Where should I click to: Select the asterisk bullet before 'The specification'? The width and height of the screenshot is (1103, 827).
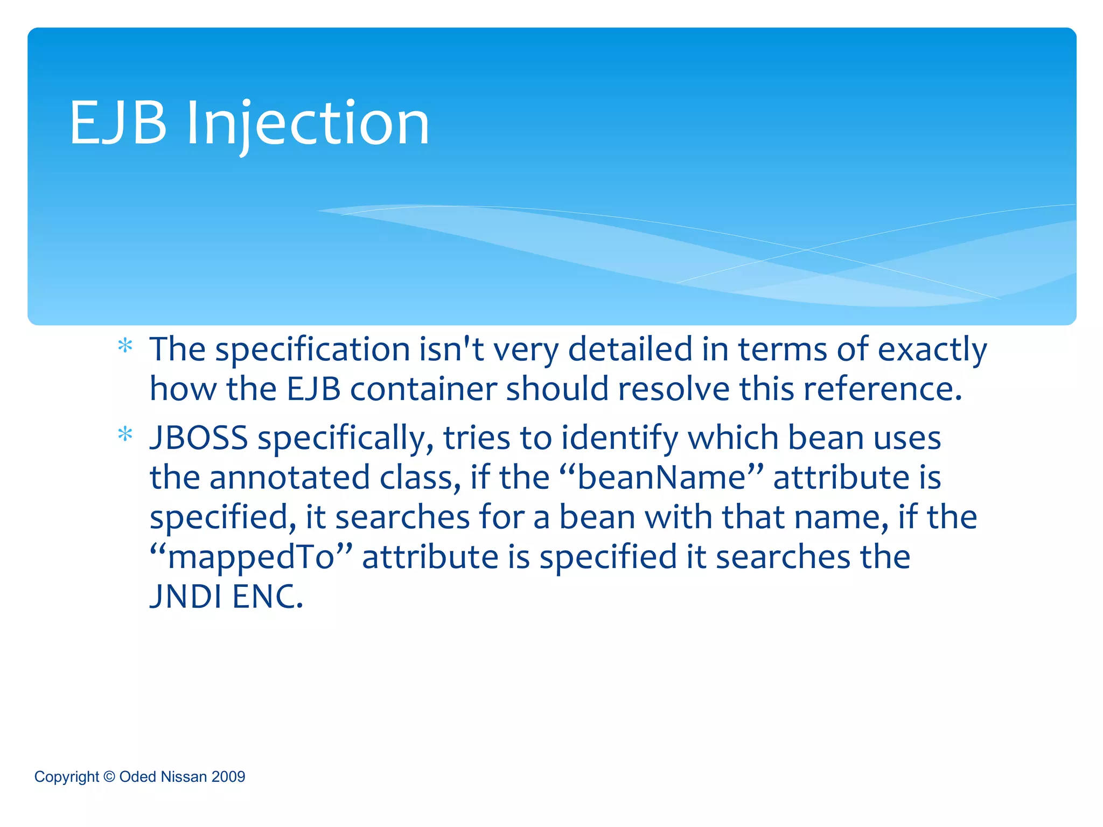pyautogui.click(x=125, y=346)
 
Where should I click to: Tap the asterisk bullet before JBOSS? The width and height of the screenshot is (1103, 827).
pyautogui.click(x=125, y=434)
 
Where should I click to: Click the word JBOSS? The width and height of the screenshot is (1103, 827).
pyautogui.click(x=199, y=438)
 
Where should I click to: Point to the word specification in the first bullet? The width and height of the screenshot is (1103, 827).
pyautogui.click(x=313, y=350)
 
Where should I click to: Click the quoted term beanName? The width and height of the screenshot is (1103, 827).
pyautogui.click(x=662, y=477)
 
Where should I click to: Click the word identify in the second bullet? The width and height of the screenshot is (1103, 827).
pyautogui.click(x=619, y=438)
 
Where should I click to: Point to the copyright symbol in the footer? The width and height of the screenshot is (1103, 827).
pyautogui.click(x=109, y=776)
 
